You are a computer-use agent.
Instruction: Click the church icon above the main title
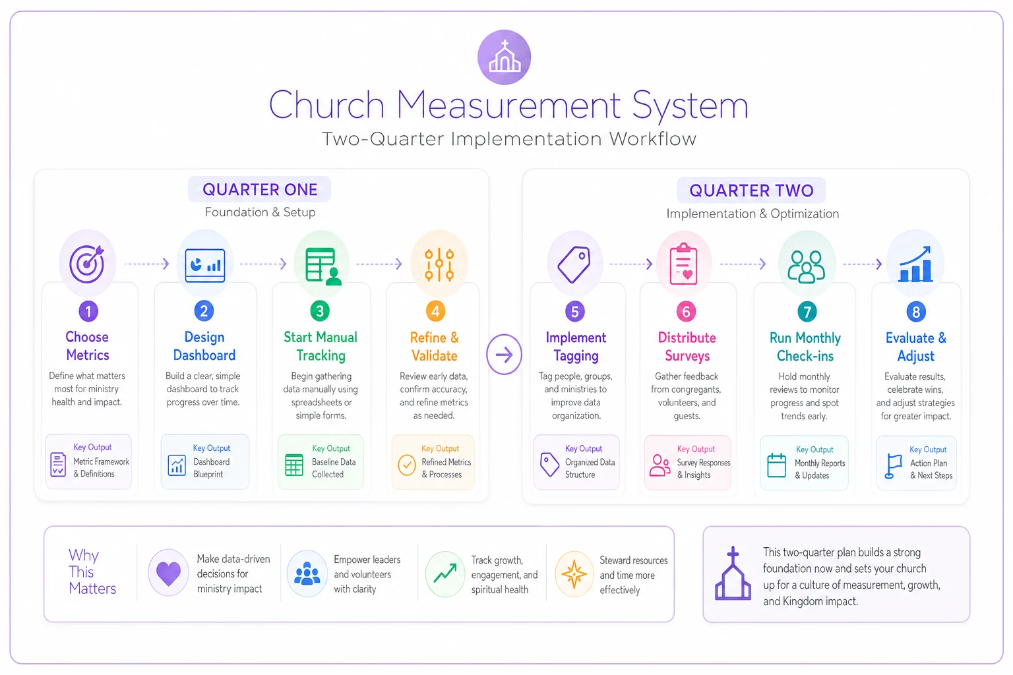[505, 57]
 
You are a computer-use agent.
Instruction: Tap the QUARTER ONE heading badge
[260, 189]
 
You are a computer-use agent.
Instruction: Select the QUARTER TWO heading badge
[751, 191]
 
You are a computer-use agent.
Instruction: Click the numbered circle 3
[320, 311]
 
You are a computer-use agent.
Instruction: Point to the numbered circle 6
[686, 312]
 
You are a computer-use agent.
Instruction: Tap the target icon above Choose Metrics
[87, 264]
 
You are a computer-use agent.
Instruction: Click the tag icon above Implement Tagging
[574, 264]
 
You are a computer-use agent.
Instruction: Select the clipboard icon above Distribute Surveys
[683, 264]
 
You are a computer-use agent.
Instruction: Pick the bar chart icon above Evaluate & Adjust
[915, 264]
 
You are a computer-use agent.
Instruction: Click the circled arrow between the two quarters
[505, 355]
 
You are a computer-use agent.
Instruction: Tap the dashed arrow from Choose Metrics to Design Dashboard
[146, 264]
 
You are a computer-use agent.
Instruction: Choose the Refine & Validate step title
[434, 346]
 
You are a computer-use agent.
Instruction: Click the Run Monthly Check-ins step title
[805, 347]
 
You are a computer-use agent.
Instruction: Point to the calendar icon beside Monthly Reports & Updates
[776, 465]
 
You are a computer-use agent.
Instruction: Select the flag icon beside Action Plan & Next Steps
[893, 465]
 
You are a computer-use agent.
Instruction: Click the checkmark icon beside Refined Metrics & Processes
[406, 465]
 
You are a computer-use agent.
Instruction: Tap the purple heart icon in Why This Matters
[168, 573]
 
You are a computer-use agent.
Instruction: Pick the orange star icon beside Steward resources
[574, 574]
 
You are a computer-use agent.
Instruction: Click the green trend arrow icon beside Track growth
[445, 573]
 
